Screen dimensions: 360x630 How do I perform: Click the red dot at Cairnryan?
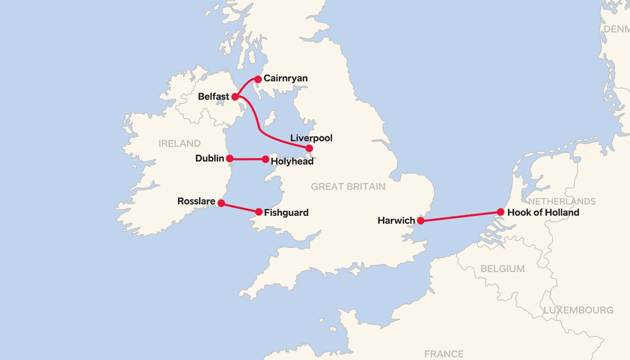click(258, 79)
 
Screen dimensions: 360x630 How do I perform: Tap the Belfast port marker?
click(235, 96)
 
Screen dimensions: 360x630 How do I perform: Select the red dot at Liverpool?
click(309, 148)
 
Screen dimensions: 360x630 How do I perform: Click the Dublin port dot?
click(229, 158)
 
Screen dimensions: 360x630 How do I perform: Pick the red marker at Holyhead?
click(265, 159)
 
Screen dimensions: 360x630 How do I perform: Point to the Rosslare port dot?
click(221, 203)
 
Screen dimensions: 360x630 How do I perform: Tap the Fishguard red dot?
click(258, 212)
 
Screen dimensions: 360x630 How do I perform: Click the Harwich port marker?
click(421, 220)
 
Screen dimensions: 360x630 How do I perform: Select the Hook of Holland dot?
click(500, 212)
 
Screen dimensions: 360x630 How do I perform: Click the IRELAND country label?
click(179, 143)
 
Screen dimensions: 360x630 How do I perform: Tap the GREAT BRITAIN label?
click(348, 186)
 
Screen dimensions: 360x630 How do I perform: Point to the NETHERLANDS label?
click(562, 201)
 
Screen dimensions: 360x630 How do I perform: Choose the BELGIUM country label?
click(502, 268)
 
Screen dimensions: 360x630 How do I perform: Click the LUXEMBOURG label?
click(578, 310)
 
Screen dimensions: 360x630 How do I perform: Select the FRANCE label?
click(443, 353)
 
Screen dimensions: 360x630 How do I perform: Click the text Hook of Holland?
click(543, 212)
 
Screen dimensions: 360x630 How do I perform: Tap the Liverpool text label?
click(311, 138)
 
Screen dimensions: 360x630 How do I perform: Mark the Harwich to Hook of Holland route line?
click(460, 216)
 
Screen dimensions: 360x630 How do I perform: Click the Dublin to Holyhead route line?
click(247, 159)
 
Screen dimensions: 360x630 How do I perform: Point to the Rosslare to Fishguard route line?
click(240, 207)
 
